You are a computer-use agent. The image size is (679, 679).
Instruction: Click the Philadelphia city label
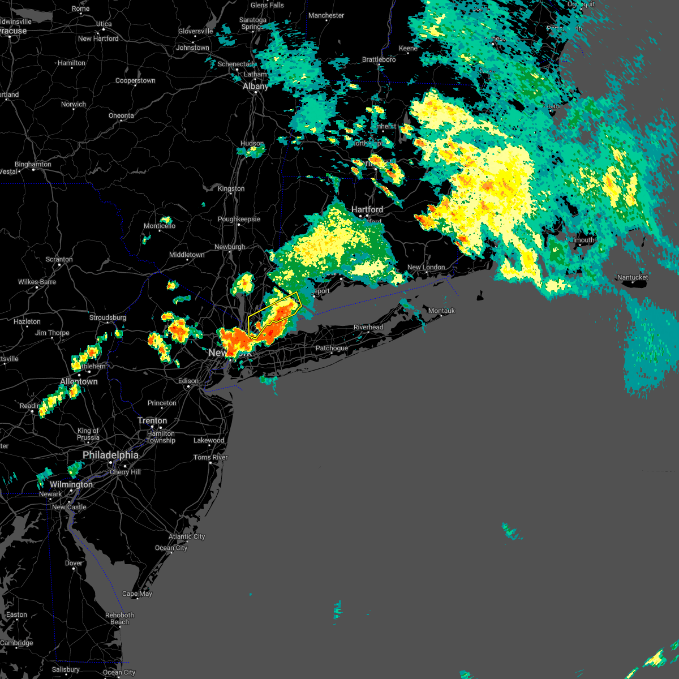pos(110,455)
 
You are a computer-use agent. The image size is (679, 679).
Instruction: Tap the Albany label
pos(255,87)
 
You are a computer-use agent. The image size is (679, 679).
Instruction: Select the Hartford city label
pos(367,209)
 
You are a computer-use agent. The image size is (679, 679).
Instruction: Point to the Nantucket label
pos(633,277)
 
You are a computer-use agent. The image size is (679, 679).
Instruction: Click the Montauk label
pos(441,311)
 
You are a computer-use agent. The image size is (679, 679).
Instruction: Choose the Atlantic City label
pos(187,536)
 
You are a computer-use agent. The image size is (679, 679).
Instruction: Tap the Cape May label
pos(137,594)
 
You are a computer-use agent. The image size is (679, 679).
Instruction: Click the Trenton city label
pos(152,420)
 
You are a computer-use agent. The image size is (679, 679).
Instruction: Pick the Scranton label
pos(59,259)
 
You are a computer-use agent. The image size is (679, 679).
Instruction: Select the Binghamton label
pos(33,164)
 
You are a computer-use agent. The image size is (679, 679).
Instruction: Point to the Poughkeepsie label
pos(239,219)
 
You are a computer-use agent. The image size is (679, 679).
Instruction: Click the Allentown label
pos(79,381)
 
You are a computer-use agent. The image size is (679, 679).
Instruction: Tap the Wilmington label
pos(71,484)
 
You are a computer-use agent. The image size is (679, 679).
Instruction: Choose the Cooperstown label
pos(135,80)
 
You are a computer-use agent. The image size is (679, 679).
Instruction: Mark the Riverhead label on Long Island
pos(368,327)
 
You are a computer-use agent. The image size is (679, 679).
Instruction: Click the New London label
pos(426,267)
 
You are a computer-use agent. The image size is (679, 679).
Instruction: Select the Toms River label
pos(210,457)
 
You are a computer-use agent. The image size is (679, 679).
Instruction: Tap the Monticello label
pos(160,226)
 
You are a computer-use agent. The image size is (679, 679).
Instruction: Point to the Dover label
pos(74,563)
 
